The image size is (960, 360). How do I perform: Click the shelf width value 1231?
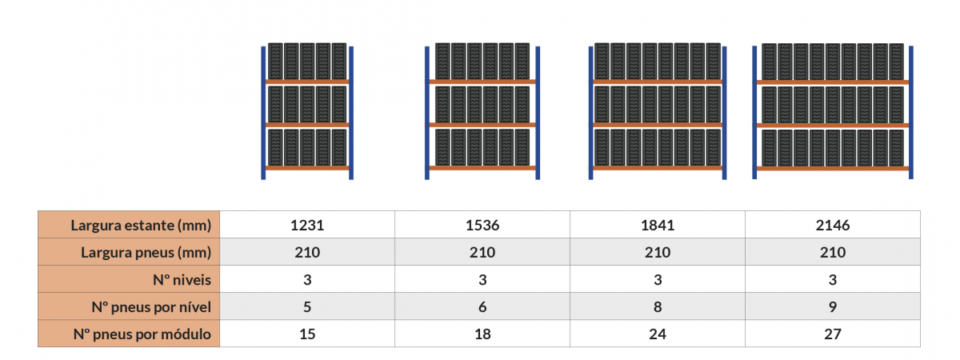click(x=307, y=225)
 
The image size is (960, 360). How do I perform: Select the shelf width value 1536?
click(x=482, y=225)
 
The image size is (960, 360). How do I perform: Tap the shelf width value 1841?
click(x=658, y=225)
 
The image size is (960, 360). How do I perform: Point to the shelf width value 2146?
click(x=833, y=225)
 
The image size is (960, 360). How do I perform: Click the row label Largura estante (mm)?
click(x=141, y=226)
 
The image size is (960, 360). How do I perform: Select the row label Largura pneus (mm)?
click(x=146, y=253)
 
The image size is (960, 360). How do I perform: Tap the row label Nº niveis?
click(x=182, y=280)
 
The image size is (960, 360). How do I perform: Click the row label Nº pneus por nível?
click(x=151, y=307)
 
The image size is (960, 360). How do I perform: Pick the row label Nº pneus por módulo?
click(x=142, y=334)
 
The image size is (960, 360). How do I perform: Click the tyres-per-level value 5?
click(x=307, y=307)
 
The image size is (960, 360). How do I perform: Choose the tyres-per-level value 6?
click(x=482, y=307)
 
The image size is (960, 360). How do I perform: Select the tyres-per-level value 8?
click(x=658, y=307)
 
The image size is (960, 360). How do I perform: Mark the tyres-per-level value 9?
click(x=833, y=307)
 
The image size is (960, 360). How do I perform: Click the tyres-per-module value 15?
click(x=307, y=334)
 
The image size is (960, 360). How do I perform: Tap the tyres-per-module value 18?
click(x=482, y=334)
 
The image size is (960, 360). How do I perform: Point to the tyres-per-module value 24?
click(x=658, y=334)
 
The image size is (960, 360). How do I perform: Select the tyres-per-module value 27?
click(x=833, y=334)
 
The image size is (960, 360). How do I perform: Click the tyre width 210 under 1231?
click(x=307, y=253)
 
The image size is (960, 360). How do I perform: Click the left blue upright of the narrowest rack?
click(x=263, y=113)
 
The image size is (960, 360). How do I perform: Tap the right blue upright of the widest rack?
click(x=911, y=112)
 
